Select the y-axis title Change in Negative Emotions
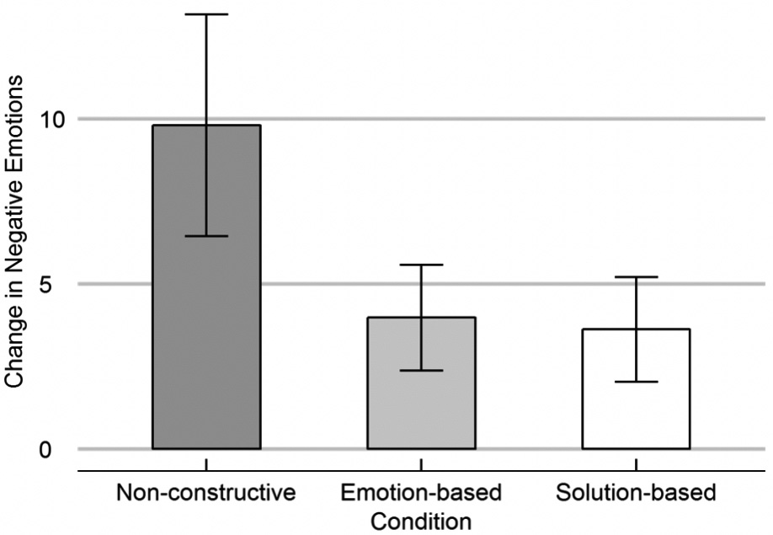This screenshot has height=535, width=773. [14, 232]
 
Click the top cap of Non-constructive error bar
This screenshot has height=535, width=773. [206, 14]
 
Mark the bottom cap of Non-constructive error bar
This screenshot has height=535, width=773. [206, 236]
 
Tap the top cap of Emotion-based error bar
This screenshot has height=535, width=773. [421, 265]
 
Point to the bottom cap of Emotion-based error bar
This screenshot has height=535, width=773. [421, 371]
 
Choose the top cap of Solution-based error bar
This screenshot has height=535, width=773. [636, 276]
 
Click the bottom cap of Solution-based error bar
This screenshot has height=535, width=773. [636, 382]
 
